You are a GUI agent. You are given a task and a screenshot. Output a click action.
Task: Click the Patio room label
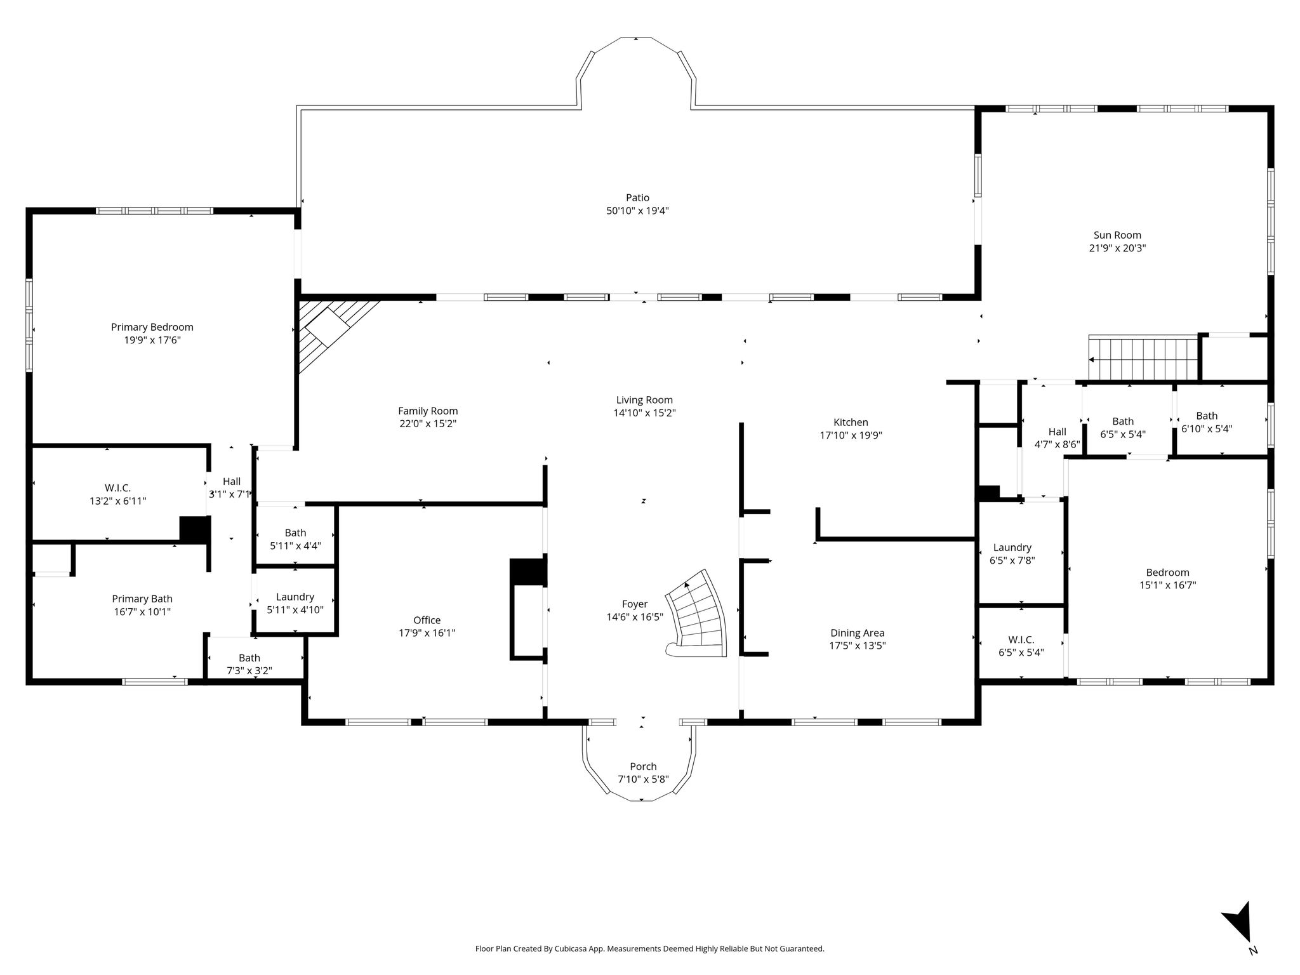(x=637, y=198)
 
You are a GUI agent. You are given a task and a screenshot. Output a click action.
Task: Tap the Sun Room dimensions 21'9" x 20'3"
(x=1117, y=248)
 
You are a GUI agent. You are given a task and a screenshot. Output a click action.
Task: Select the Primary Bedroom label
(x=152, y=328)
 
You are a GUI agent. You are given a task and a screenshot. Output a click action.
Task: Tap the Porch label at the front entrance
(x=643, y=767)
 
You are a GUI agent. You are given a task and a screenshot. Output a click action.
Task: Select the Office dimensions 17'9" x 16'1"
(x=427, y=633)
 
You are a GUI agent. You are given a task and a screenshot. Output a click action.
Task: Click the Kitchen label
(x=851, y=423)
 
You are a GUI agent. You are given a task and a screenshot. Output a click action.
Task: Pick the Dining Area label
(x=857, y=633)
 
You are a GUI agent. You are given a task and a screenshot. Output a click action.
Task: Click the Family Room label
(x=428, y=411)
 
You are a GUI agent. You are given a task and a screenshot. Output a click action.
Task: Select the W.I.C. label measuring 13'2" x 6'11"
(x=118, y=488)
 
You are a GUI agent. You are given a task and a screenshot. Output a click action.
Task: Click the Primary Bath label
(x=142, y=599)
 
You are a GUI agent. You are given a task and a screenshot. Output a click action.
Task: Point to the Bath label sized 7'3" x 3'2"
(x=249, y=658)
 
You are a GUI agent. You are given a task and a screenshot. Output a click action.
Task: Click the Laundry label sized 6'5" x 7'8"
(x=1012, y=548)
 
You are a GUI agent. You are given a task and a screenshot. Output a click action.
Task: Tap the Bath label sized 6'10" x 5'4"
(x=1207, y=416)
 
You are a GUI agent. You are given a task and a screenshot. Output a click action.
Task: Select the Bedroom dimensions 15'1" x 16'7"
(x=1167, y=585)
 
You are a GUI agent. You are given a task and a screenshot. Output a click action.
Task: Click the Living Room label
(x=644, y=400)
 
